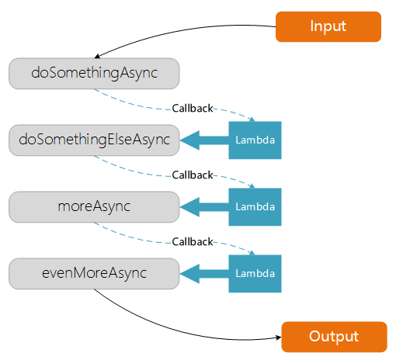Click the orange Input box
(x=328, y=26)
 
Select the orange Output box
(x=334, y=337)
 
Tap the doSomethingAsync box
(x=94, y=74)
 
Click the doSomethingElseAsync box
(x=94, y=140)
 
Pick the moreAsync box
(x=94, y=207)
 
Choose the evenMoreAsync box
(x=94, y=274)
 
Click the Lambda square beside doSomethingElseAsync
(x=255, y=140)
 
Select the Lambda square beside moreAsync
(x=255, y=207)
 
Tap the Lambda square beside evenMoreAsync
(x=255, y=274)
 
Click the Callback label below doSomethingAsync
(x=193, y=109)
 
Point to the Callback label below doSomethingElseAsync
(x=193, y=175)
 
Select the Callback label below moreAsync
(x=193, y=242)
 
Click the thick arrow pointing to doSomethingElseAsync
(x=204, y=140)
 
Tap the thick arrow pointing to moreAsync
(x=204, y=207)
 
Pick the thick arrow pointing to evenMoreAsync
(x=204, y=274)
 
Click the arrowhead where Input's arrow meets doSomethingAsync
(x=97, y=56)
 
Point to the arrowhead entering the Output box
(x=279, y=337)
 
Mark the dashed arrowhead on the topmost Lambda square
(x=252, y=119)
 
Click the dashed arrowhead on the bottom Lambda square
(x=252, y=253)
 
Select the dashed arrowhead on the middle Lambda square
(x=252, y=186)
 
